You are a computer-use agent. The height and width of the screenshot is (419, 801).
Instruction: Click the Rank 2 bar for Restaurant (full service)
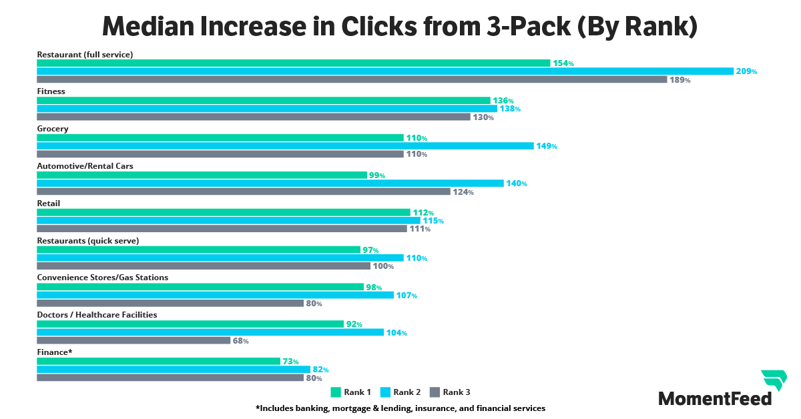(384, 71)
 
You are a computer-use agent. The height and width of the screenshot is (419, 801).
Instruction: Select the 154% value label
(563, 63)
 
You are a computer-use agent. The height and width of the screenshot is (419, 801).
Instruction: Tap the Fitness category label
(51, 91)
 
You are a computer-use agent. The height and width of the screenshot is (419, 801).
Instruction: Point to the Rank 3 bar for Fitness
(254, 117)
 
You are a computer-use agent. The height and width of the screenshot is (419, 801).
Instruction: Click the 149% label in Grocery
(546, 146)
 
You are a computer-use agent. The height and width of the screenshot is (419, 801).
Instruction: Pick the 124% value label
(463, 192)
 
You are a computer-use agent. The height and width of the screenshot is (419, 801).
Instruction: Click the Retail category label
(49, 203)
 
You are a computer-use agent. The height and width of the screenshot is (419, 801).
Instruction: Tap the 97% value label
(370, 250)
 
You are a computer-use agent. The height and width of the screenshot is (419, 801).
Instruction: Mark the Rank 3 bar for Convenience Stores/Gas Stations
(170, 304)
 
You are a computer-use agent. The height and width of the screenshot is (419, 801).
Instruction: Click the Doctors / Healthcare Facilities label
(97, 315)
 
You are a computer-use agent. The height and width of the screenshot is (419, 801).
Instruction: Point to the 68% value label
(240, 341)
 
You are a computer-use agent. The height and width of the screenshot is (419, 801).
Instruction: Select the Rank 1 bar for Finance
(158, 362)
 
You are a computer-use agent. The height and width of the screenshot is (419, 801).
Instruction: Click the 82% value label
(320, 370)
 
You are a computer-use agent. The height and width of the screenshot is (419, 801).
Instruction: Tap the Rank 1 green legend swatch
(336, 392)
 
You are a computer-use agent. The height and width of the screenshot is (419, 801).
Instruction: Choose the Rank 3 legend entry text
(457, 392)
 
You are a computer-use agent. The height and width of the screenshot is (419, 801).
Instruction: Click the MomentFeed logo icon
(774, 381)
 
